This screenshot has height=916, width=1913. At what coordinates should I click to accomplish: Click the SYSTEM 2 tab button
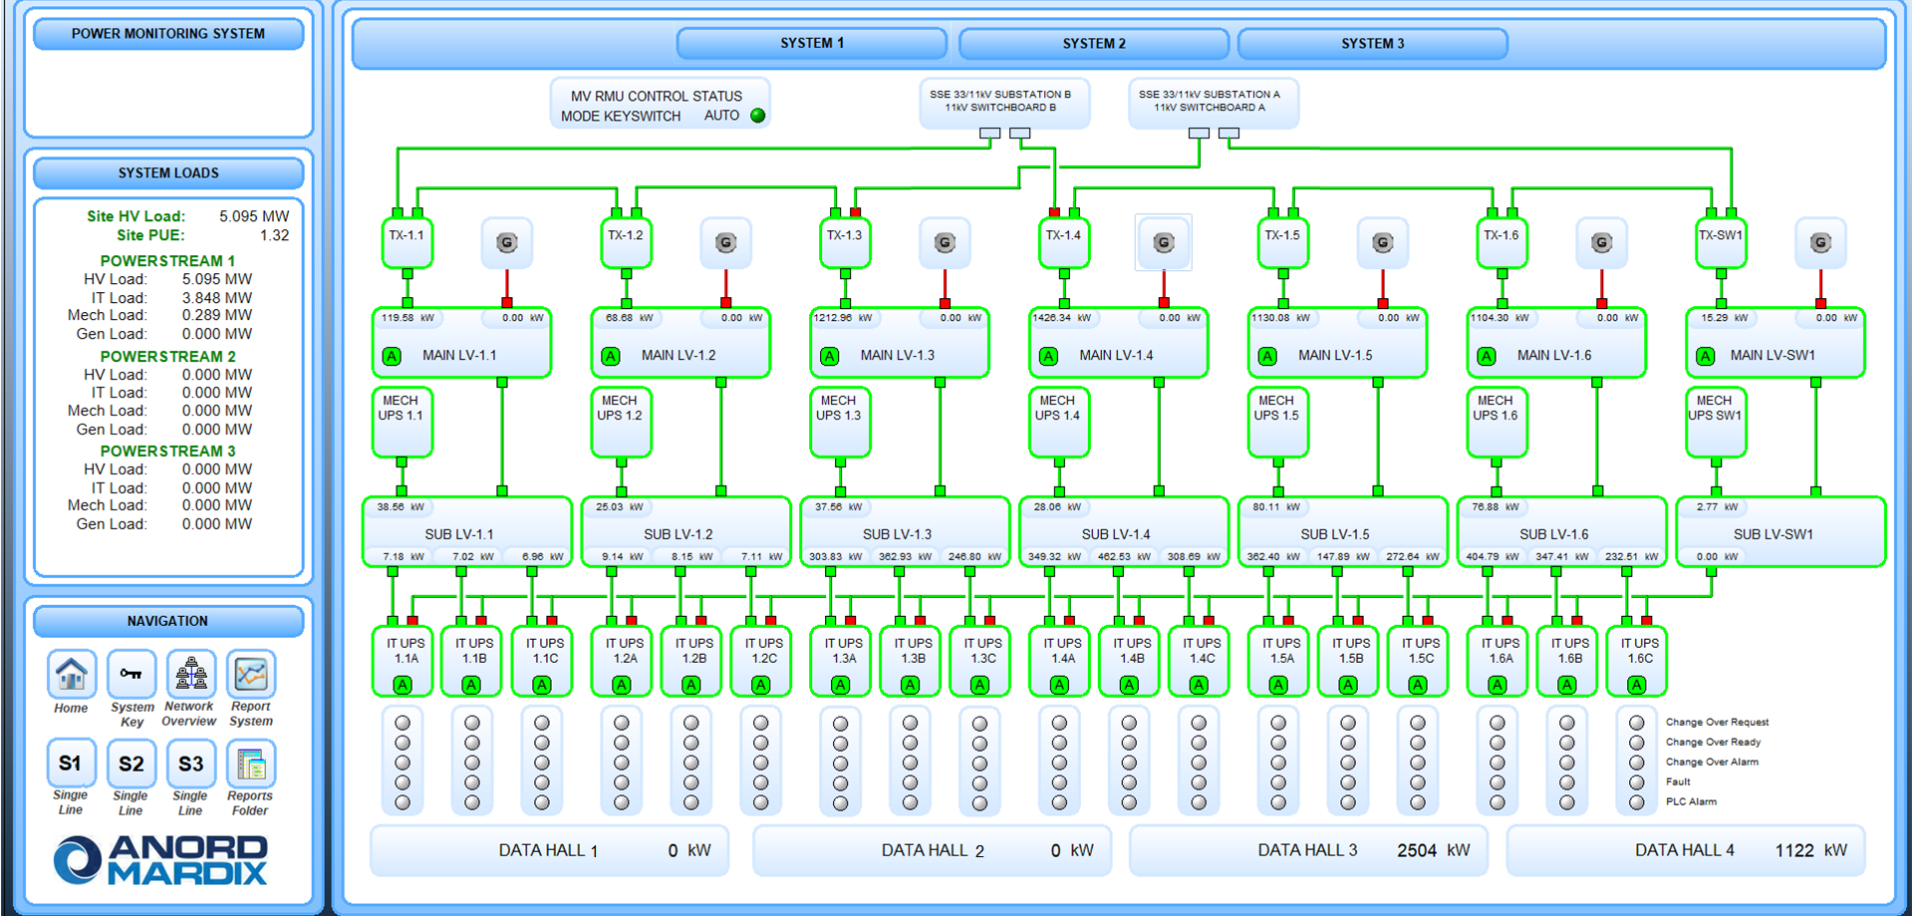(1093, 44)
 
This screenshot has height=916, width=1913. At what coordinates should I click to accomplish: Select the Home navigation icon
(71, 675)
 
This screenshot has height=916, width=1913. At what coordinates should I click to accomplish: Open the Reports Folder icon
(250, 764)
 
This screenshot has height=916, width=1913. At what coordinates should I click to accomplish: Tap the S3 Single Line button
(190, 764)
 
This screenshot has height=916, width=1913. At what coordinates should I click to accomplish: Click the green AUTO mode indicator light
(758, 116)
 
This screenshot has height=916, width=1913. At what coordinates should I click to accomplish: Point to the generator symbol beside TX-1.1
(506, 242)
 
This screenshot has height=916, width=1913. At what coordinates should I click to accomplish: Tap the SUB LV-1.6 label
(1553, 534)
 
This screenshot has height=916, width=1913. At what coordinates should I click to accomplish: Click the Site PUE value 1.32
(274, 236)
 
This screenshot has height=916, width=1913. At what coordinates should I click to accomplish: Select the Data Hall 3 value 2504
(1416, 850)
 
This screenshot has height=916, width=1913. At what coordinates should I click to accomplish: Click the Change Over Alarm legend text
(1711, 763)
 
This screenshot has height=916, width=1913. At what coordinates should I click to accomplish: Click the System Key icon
(131, 675)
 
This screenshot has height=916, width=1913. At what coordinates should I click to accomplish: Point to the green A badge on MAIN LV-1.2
(611, 356)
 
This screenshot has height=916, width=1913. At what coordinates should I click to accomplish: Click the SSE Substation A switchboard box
(1213, 102)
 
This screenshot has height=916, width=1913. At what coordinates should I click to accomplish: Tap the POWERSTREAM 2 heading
(167, 357)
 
